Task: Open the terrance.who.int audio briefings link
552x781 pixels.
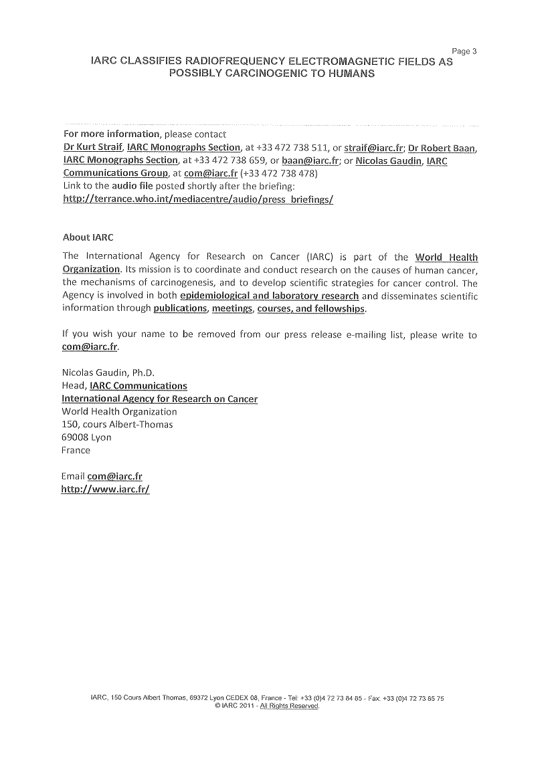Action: pos(197,199)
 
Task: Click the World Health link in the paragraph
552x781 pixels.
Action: pos(446,257)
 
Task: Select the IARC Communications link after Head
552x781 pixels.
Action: pos(139,386)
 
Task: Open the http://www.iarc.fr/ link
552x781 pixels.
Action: pos(105,489)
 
